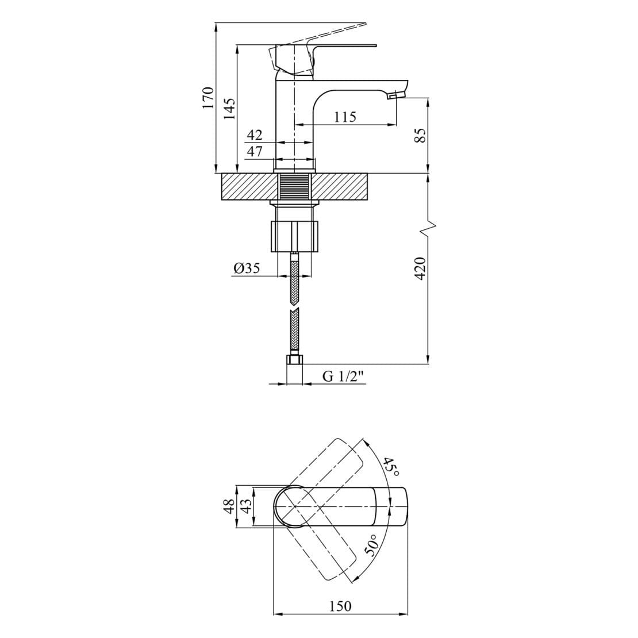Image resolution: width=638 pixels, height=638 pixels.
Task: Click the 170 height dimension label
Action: pos(207,98)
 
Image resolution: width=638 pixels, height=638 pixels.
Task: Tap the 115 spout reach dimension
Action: pos(345,117)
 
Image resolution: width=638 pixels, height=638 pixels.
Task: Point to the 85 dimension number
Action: pos(420,136)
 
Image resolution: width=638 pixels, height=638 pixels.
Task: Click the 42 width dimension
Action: pos(255,136)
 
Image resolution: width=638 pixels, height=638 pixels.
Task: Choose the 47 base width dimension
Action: pos(255,152)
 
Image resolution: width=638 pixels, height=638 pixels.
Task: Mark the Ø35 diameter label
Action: pos(247,268)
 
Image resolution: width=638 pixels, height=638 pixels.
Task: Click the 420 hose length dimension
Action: pos(420,268)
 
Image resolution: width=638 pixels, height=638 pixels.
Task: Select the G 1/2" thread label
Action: pos(344,376)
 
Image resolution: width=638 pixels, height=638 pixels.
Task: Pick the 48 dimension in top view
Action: pos(229,506)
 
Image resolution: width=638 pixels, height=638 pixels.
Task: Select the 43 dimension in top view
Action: pos(245,506)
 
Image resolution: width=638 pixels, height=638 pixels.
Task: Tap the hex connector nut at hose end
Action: pos(294,361)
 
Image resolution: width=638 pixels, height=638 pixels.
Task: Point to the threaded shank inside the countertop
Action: pos(294,187)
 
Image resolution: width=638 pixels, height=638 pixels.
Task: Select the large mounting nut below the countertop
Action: pos(294,235)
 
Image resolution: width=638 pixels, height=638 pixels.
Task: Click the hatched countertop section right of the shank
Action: pos(342,187)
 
